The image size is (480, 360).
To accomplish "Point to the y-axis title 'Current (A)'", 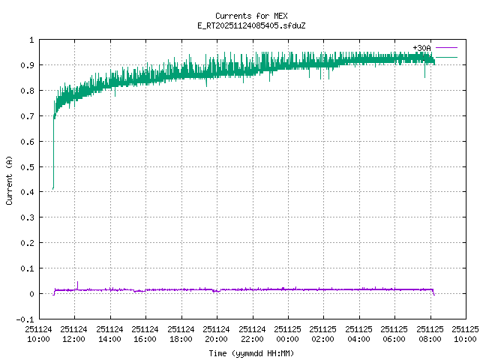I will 9,179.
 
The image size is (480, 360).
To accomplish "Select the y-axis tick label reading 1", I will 31,40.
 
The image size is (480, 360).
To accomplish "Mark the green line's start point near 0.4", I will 53,188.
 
